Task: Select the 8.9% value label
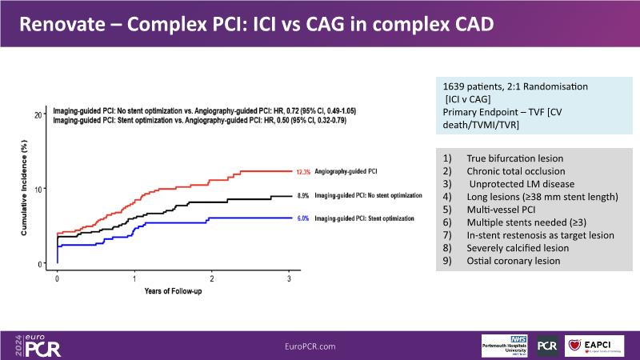click(x=302, y=195)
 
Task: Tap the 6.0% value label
click(x=302, y=218)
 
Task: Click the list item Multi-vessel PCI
click(x=502, y=210)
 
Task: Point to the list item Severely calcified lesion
click(x=519, y=248)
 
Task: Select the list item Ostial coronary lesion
click(x=513, y=261)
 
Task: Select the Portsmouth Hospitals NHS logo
click(x=506, y=345)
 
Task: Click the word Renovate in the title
click(x=59, y=23)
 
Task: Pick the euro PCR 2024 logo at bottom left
click(x=37, y=344)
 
